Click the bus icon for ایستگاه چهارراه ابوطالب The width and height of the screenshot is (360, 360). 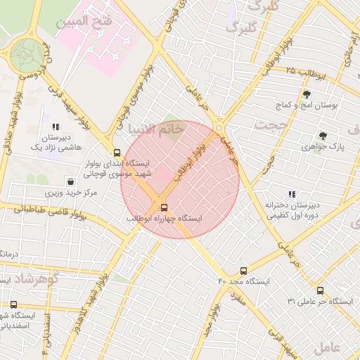pyautogui.click(x=164, y=207)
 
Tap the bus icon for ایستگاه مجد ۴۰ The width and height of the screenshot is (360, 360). pyautogui.click(x=243, y=271)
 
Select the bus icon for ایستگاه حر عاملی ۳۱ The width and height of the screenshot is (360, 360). pyautogui.click(x=320, y=290)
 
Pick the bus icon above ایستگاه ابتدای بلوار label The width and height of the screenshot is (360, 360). pyautogui.click(x=117, y=153)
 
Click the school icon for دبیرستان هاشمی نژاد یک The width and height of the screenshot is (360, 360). pyautogui.click(x=56, y=127)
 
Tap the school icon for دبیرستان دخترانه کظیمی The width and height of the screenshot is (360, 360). pyautogui.click(x=291, y=194)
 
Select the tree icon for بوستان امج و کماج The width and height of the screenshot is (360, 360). pyautogui.click(x=306, y=94)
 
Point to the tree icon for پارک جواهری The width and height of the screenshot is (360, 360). pyautogui.click(x=323, y=136)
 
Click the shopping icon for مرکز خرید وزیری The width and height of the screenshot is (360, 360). pyautogui.click(x=67, y=181)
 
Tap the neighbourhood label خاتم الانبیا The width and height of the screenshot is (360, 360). pyautogui.click(x=156, y=129)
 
